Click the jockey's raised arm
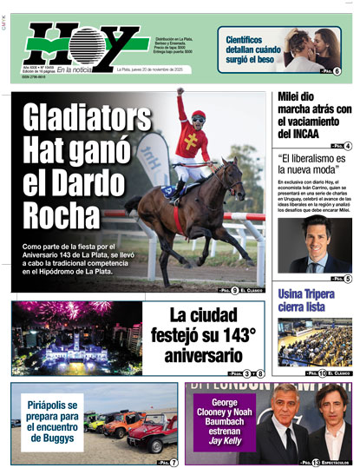[x=180, y=102]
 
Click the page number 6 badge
[x=337, y=71]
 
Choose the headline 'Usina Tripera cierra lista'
[x=311, y=299]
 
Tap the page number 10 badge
[x=323, y=372]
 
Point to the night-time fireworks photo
[x=77, y=337]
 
